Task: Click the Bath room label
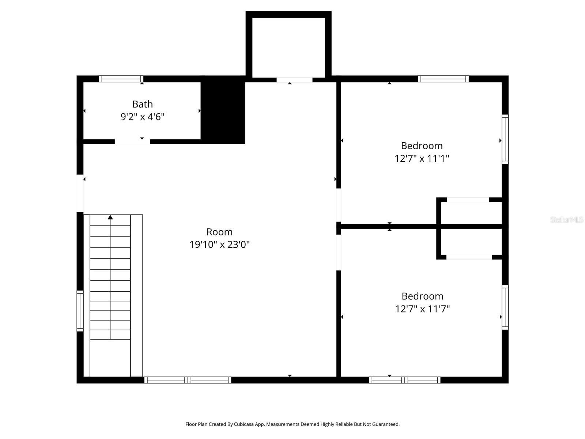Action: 142,104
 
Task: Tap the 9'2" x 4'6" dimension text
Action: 142,117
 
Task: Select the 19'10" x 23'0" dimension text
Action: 219,244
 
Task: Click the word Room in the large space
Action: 219,232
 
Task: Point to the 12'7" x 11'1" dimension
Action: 422,158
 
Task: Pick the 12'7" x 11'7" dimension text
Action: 422,309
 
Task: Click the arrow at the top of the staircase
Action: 110,217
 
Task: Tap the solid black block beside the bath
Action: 223,110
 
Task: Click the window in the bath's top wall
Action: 121,79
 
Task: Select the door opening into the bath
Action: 132,142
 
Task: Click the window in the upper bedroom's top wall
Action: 443,79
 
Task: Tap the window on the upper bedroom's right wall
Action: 505,139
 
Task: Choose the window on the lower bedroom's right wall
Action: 505,307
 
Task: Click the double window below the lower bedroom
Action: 404,380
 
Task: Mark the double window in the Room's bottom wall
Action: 188,380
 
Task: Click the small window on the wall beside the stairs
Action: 80,311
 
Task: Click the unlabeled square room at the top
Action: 288,47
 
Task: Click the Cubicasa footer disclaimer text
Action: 292,424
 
